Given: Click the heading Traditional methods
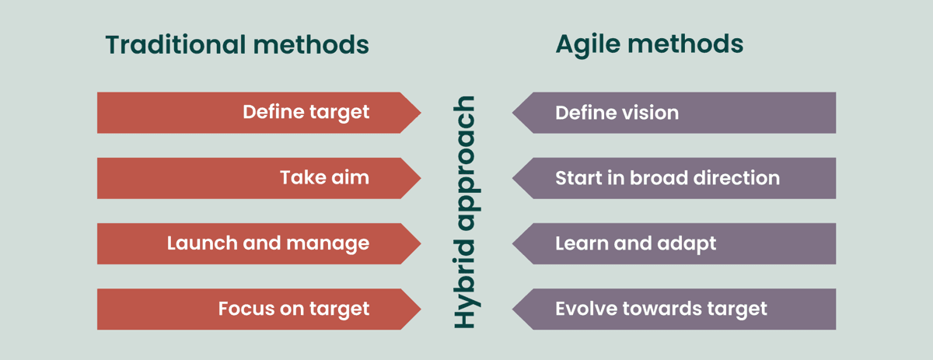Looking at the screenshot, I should (237, 45).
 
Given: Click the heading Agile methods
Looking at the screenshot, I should (649, 44).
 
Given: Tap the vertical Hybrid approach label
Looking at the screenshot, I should (464, 211).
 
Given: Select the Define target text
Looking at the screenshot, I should (306, 113).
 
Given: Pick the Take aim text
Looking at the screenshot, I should (324, 178).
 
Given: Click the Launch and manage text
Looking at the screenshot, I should (267, 243).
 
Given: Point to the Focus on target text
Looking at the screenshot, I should (293, 309).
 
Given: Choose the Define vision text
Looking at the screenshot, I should (617, 113).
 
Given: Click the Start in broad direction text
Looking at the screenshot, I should (667, 178).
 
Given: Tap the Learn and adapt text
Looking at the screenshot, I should (635, 243).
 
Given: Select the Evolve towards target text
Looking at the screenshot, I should (661, 309).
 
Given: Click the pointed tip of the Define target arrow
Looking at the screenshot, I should (418, 113).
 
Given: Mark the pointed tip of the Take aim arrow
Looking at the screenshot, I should (418, 178).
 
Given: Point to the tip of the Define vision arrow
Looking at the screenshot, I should (515, 113).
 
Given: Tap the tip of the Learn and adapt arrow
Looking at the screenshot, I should (515, 243).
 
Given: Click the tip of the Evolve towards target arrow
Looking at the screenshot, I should (515, 309).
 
